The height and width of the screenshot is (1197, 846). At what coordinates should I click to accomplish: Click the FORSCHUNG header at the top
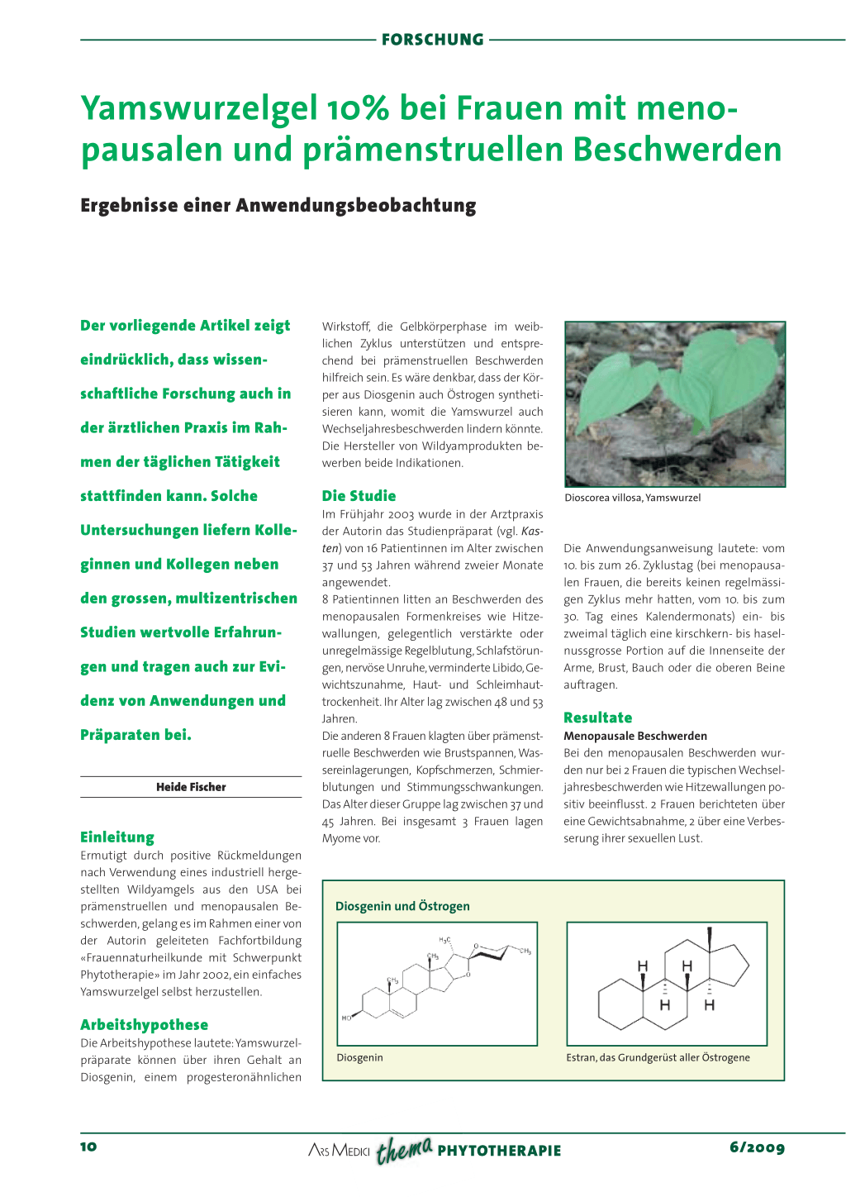(x=432, y=40)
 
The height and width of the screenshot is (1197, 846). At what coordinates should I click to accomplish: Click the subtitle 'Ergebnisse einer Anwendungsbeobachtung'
(x=278, y=206)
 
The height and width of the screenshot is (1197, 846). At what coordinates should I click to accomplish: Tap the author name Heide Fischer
(x=191, y=787)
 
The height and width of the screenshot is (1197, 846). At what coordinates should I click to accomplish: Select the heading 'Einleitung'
(x=117, y=837)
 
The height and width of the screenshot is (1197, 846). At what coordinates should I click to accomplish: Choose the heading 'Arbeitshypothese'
(x=144, y=1025)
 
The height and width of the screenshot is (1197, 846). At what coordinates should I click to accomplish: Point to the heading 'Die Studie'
(x=359, y=496)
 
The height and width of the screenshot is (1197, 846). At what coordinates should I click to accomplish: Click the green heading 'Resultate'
(x=597, y=718)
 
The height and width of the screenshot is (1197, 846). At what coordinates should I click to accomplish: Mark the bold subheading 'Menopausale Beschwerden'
(x=634, y=736)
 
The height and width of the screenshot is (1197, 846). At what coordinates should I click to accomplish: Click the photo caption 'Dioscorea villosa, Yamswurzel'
(x=632, y=498)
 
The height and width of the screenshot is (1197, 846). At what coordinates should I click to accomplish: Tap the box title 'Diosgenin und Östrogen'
(x=402, y=906)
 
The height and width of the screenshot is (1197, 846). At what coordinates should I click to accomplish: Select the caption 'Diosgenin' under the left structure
(x=359, y=1057)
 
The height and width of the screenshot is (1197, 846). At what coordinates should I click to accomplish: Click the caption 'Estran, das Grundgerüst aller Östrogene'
(x=658, y=1057)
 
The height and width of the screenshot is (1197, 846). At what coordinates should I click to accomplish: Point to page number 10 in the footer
(x=88, y=1147)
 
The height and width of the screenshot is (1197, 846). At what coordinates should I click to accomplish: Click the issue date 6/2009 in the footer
(x=757, y=1147)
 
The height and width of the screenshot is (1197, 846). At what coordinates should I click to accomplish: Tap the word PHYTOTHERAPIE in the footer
(x=499, y=1151)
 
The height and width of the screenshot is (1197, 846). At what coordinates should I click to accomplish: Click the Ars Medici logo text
(x=339, y=1151)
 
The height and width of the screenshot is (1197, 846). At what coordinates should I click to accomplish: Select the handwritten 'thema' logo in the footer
(x=404, y=1149)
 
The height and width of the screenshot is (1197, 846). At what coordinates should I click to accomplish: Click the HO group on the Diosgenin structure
(x=347, y=1018)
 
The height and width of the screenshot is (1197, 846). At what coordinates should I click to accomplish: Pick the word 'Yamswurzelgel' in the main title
(x=198, y=108)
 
